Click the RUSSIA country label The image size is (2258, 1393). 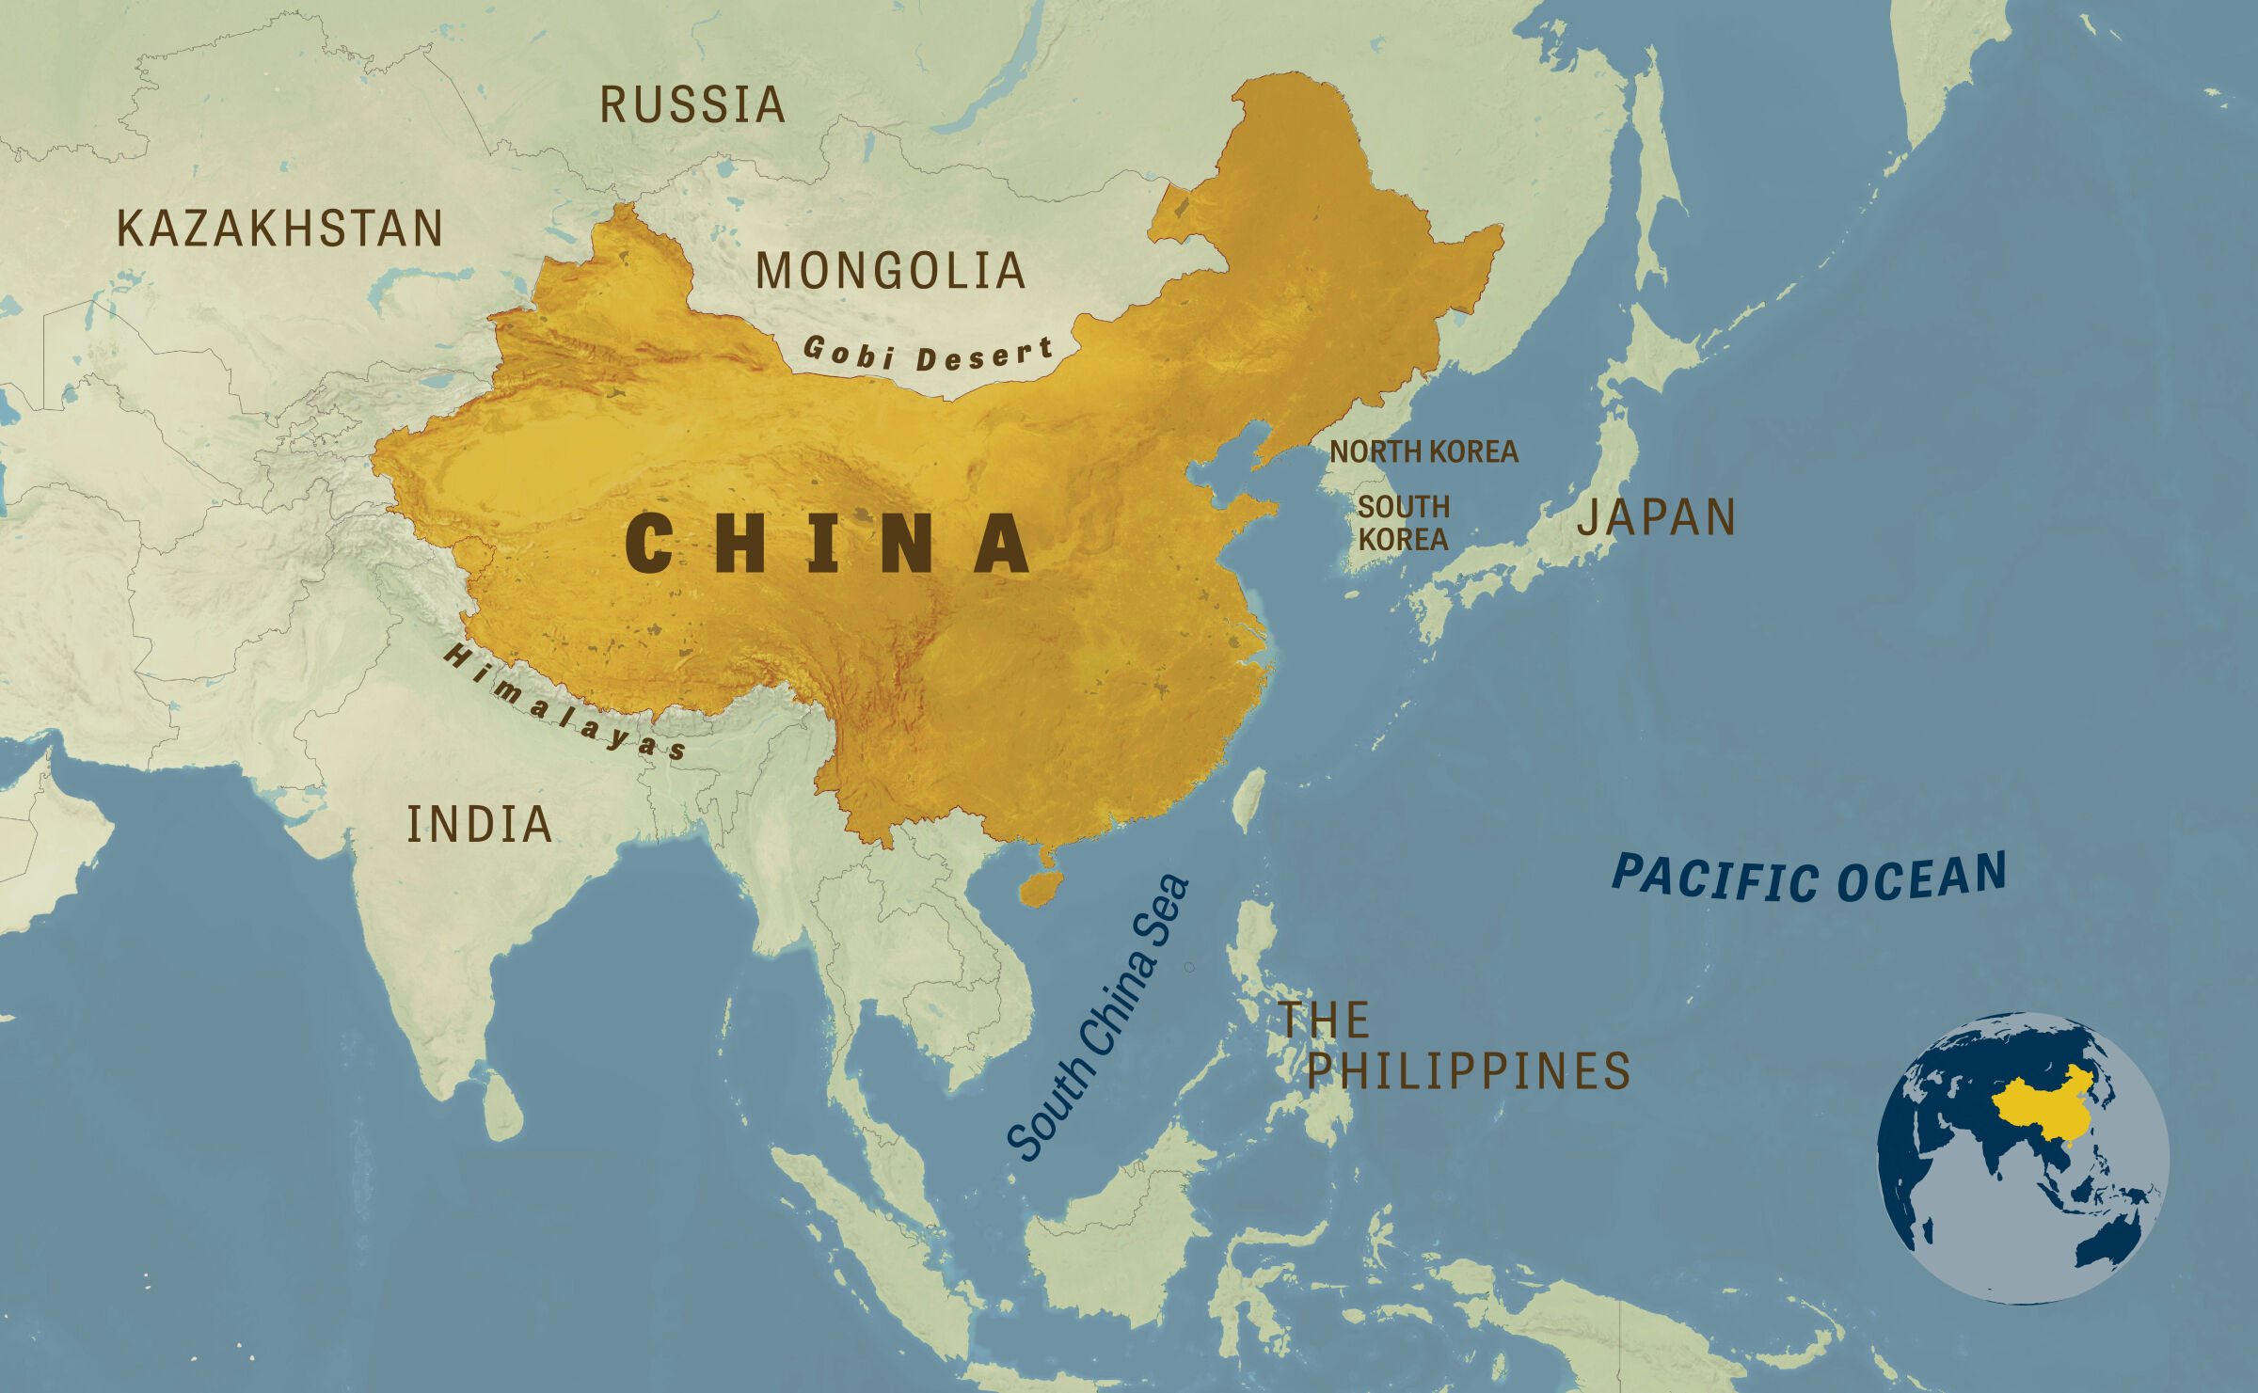692,104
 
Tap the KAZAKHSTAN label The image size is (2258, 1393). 279,229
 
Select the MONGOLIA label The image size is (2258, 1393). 890,271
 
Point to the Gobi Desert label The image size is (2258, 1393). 928,355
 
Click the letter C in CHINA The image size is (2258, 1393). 649,544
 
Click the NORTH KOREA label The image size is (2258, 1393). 1423,451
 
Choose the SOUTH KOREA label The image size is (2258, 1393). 1403,523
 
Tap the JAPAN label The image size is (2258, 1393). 1656,517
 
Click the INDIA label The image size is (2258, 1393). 479,825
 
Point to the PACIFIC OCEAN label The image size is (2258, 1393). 1809,877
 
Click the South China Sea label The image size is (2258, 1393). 1099,1018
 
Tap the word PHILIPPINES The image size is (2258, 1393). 1468,1071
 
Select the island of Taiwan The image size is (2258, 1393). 1249,799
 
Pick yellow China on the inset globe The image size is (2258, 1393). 2042,1110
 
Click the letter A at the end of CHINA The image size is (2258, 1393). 1002,544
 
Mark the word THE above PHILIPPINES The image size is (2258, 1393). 1323,1021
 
